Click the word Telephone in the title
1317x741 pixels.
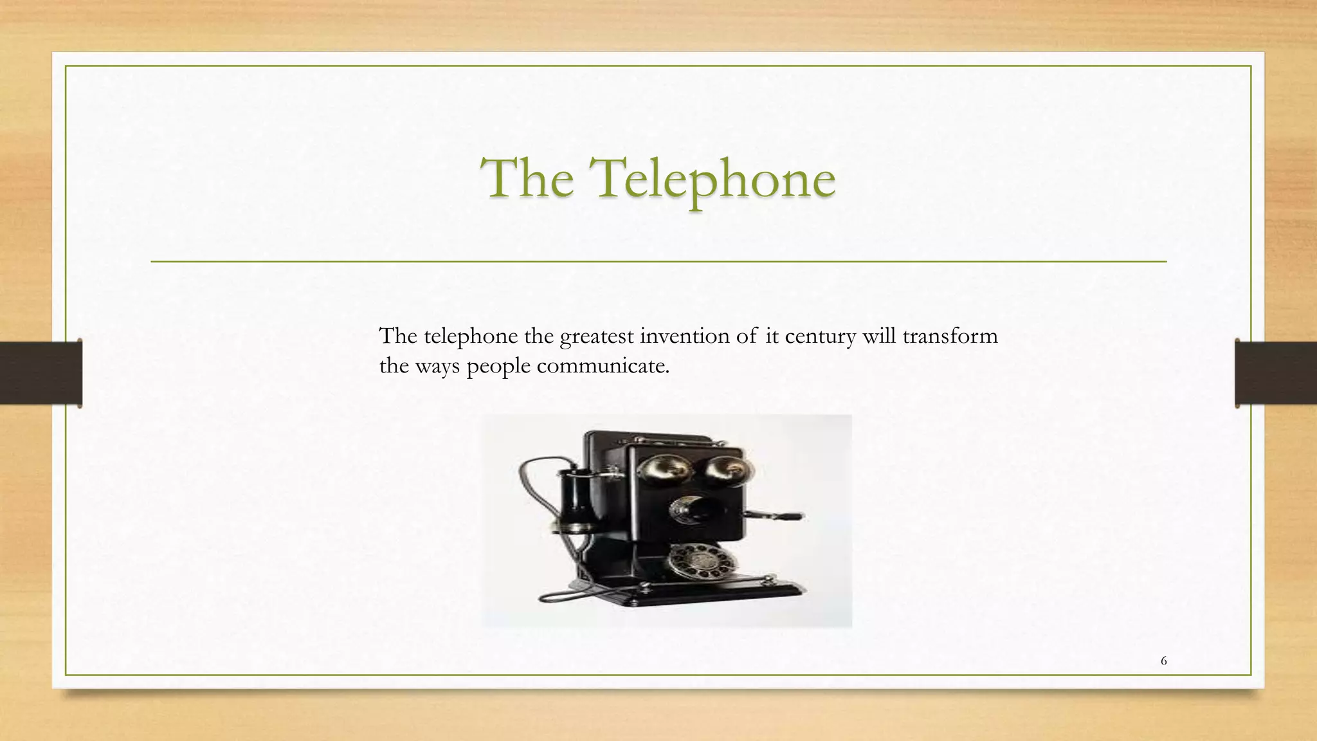click(x=714, y=179)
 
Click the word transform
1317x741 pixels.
click(x=950, y=336)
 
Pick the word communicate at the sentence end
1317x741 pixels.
click(x=603, y=366)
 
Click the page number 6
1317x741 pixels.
click(x=1163, y=661)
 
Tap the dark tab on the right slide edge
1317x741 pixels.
click(x=1276, y=373)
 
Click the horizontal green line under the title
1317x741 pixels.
click(x=658, y=262)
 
